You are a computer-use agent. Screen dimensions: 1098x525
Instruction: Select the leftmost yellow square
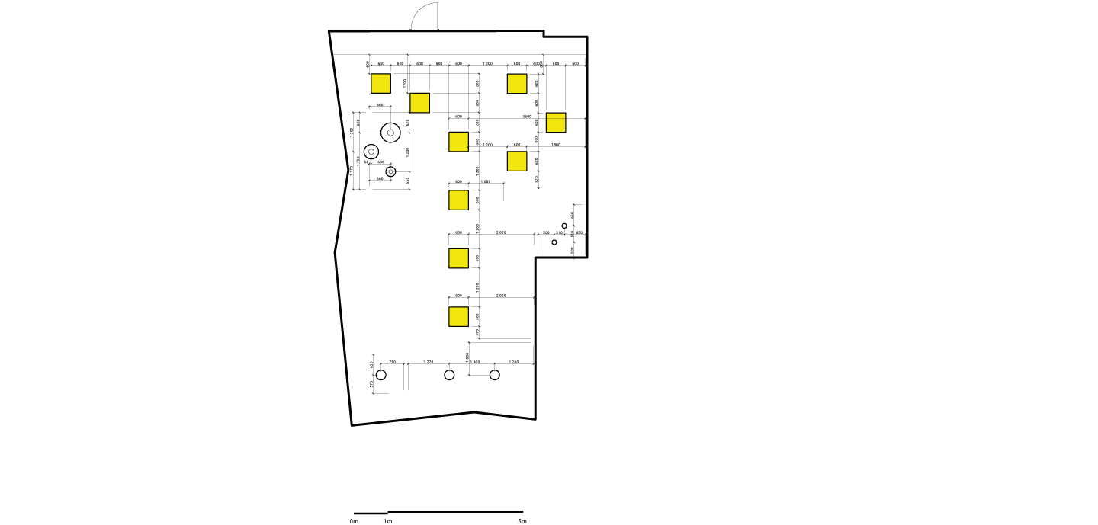(380, 84)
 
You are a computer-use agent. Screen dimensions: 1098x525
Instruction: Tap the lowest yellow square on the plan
(458, 316)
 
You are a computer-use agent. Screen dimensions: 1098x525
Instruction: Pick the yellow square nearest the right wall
(556, 123)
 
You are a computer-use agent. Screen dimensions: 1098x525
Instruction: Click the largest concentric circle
(390, 133)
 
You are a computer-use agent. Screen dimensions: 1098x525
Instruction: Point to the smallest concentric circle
(390, 172)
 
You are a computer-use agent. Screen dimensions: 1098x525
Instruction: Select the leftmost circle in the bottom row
(381, 375)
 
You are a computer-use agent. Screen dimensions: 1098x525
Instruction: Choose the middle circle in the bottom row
(449, 375)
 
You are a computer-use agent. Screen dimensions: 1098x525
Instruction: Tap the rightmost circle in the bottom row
(495, 375)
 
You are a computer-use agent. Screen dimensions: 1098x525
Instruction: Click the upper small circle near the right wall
(564, 226)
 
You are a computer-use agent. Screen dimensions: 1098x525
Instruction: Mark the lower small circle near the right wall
(554, 242)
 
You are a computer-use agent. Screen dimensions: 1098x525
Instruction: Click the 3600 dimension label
(527, 117)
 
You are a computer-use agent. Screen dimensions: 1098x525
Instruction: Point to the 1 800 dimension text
(556, 144)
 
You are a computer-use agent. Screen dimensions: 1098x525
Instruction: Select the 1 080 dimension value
(486, 181)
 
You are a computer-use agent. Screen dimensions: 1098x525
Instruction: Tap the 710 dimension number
(393, 362)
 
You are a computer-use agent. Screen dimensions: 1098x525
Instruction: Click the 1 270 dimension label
(429, 362)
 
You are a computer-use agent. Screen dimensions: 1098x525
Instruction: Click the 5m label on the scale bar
(522, 521)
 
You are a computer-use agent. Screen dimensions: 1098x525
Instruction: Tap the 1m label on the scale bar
(388, 521)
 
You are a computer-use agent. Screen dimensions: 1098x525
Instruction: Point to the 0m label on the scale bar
(354, 521)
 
